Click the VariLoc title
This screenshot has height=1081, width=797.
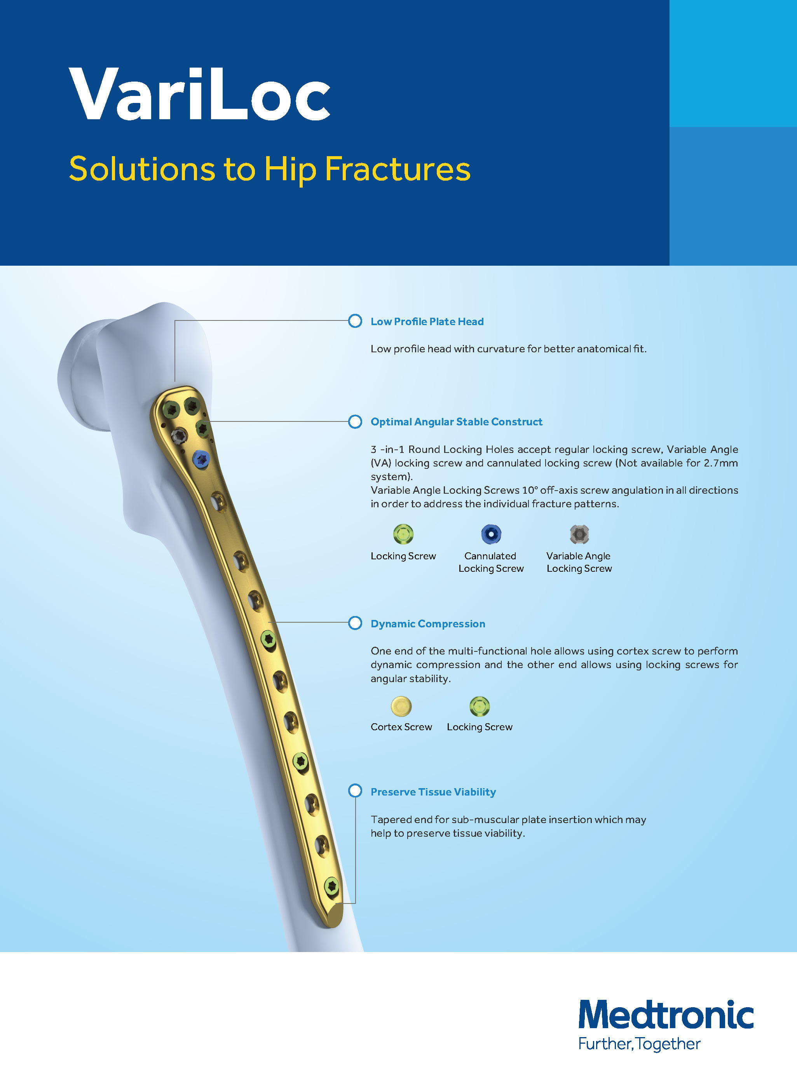199,94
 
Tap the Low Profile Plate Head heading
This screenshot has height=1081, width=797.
427,322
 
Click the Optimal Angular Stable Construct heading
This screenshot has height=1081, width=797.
456,422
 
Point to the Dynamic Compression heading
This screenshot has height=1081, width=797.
428,624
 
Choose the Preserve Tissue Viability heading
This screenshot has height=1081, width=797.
433,792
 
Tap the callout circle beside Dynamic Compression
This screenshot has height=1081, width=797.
355,623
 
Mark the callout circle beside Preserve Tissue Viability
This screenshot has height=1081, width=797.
355,791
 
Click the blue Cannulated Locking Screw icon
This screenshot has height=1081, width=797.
491,534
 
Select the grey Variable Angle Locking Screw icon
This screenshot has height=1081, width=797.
579,534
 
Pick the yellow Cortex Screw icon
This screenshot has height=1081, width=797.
401,707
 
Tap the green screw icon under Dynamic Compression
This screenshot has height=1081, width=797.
480,707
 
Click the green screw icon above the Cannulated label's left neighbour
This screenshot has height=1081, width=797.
403,534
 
